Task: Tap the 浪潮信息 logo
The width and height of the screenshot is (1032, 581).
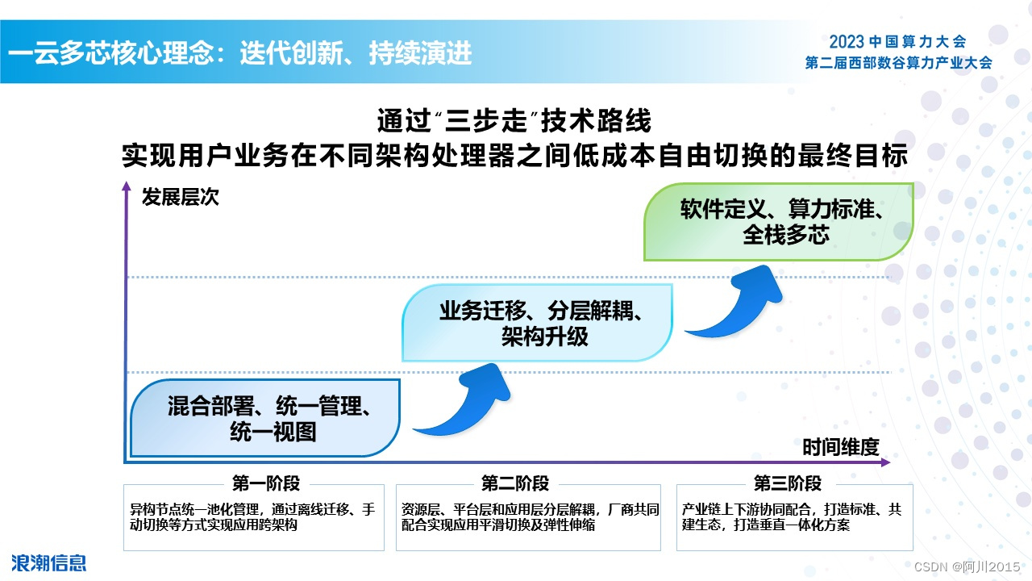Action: (49, 562)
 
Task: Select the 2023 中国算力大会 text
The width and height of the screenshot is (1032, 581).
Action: (897, 41)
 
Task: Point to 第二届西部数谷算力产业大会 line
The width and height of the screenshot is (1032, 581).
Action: (898, 62)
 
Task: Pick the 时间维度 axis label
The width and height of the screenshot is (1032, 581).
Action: (840, 447)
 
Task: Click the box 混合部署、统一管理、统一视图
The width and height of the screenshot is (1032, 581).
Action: (266, 419)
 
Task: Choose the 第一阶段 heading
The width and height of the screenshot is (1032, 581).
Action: (266, 483)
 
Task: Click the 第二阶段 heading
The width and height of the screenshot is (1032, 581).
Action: (515, 483)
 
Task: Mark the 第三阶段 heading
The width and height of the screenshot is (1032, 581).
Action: (788, 483)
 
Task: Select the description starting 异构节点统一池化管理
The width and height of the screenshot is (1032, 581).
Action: (252, 517)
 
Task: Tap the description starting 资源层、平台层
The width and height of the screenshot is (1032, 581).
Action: (530, 517)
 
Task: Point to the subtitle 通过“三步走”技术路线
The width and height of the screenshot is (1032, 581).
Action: (514, 122)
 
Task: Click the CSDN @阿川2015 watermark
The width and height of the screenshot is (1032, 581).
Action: (967, 566)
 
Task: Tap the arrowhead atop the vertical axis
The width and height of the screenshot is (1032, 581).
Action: (126, 186)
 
